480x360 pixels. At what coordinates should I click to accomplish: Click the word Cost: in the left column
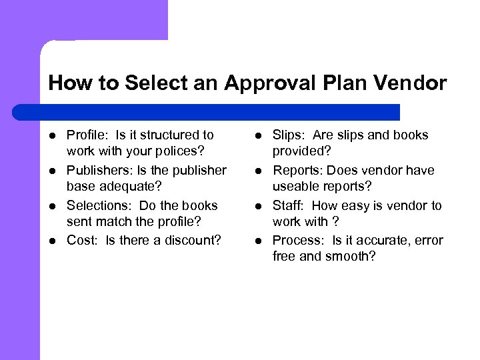pyautogui.click(x=82, y=241)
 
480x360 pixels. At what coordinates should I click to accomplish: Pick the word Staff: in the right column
pyautogui.click(x=288, y=206)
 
